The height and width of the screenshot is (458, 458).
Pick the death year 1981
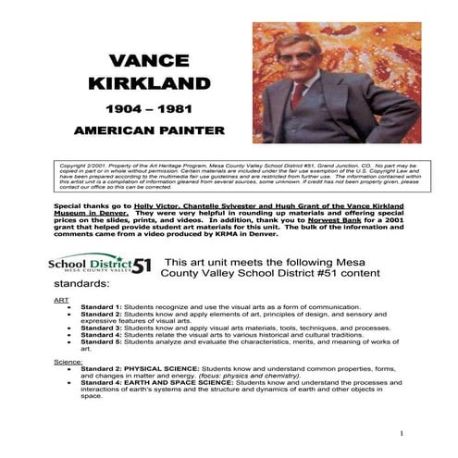click(170, 110)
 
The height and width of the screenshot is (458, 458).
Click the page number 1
click(403, 433)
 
